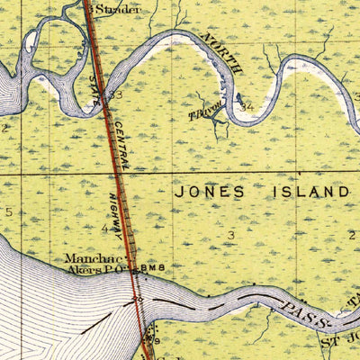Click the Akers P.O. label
point(94,269)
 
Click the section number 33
point(116,94)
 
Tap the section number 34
point(247,105)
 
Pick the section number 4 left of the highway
point(103,229)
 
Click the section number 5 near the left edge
point(9,212)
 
